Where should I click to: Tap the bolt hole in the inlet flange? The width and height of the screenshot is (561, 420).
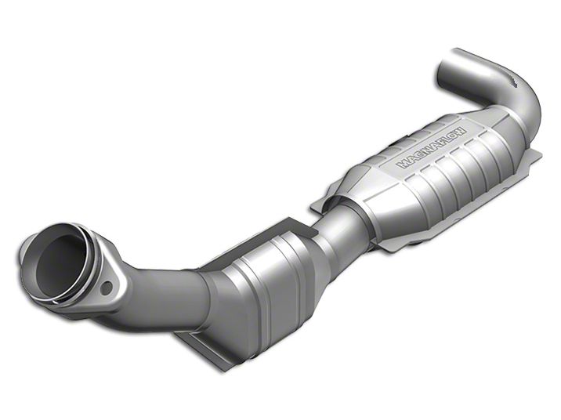coord(107,288)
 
